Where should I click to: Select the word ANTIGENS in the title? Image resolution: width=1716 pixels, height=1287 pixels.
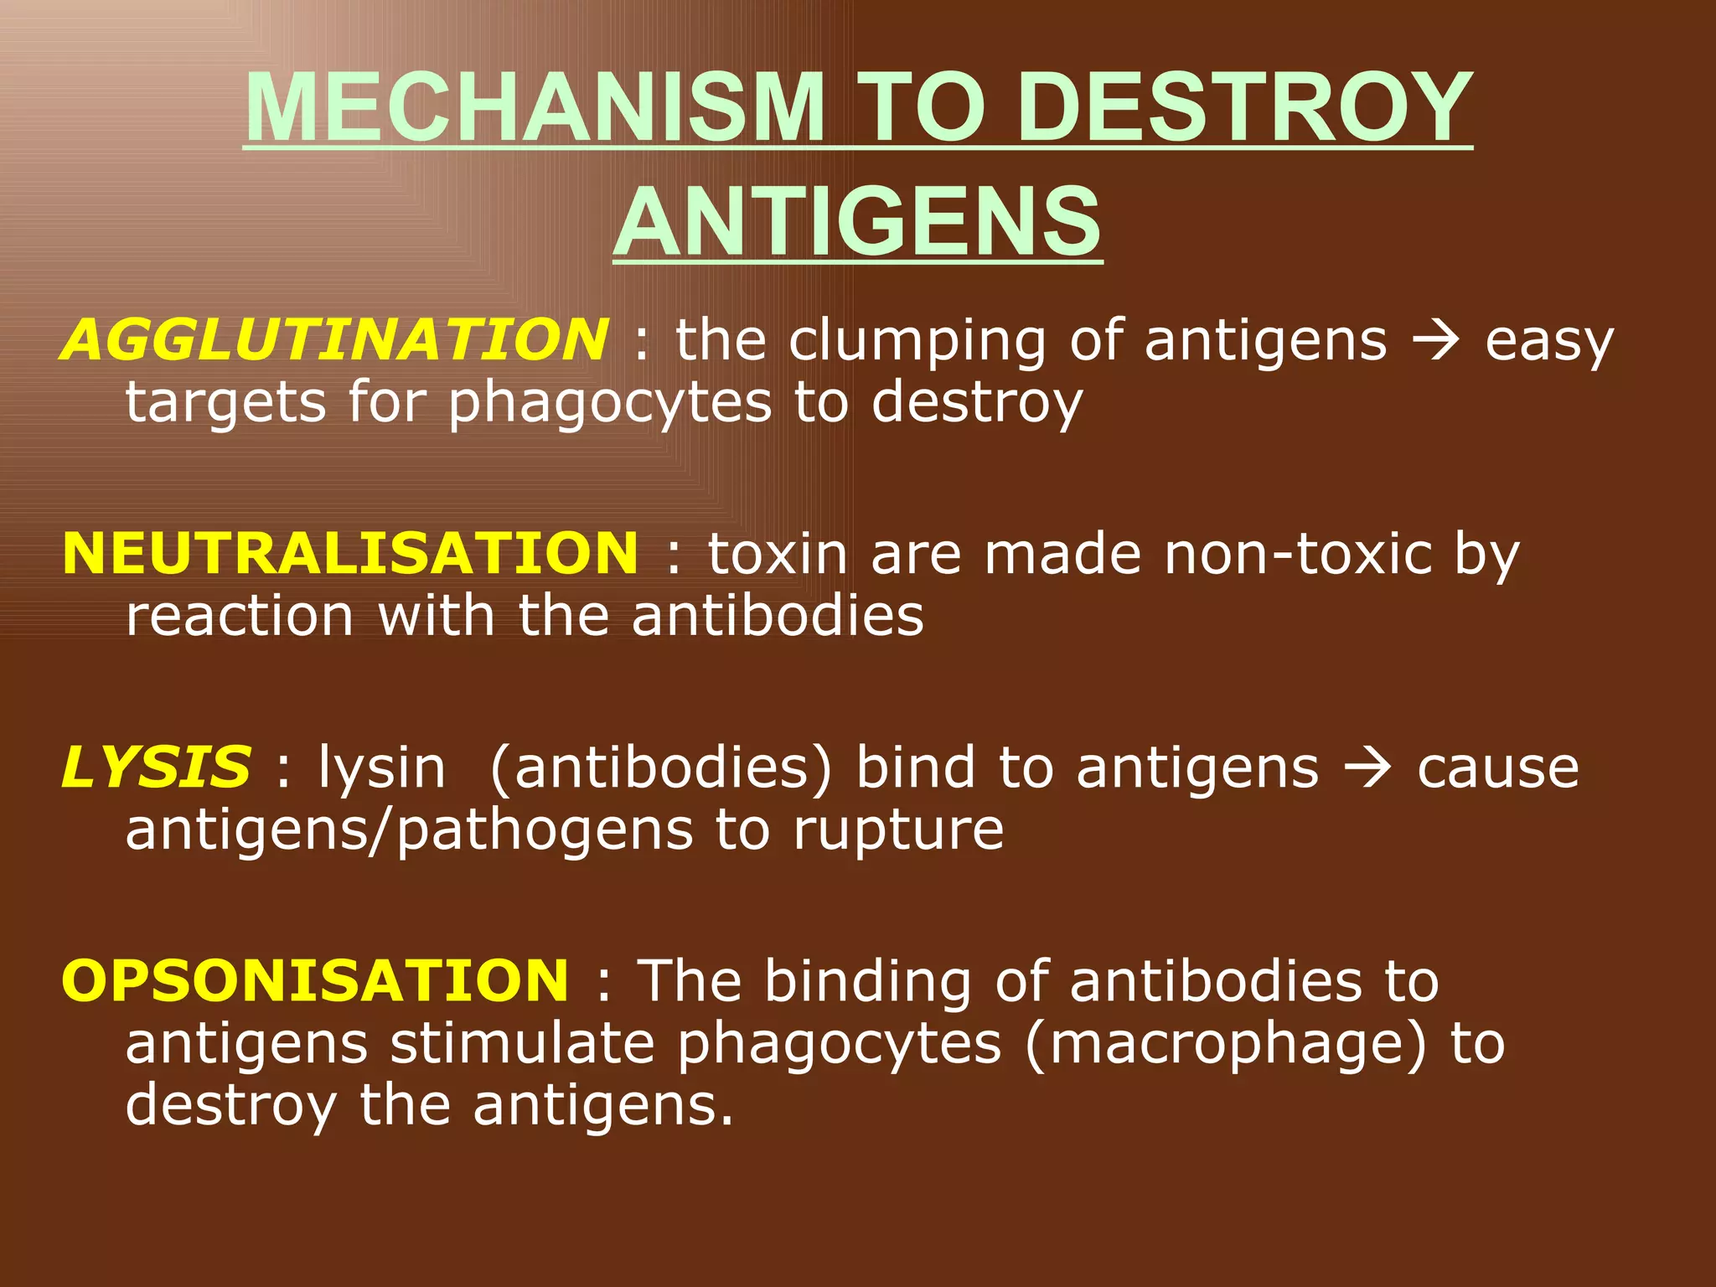857,223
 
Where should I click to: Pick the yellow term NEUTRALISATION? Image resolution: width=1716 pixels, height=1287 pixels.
350,554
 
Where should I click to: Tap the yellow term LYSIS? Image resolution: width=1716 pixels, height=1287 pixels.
156,768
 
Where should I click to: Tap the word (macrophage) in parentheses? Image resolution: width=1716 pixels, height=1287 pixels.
1225,1044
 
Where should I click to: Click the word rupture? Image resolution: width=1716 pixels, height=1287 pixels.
898,830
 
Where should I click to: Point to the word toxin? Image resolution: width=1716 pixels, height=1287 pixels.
778,554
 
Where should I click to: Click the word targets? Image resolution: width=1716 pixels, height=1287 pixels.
225,403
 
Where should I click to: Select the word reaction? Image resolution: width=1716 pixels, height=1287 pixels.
240,617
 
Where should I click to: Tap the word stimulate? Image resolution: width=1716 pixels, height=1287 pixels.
523,1044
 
